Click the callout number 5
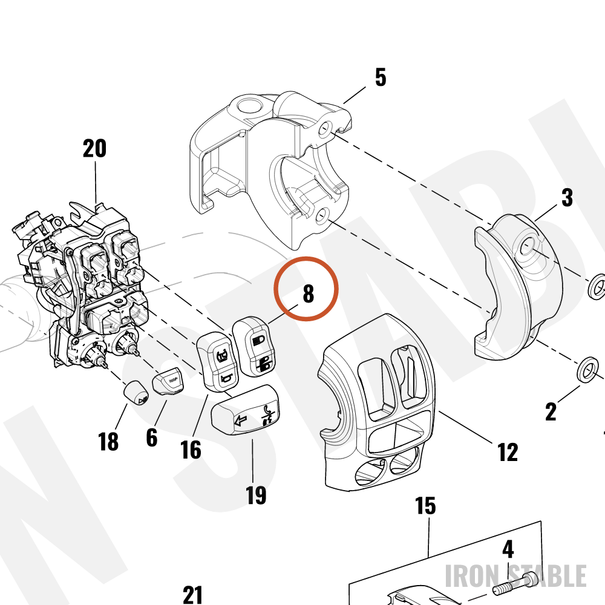381,77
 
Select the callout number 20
94,149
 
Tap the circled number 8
308,293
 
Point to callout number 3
567,198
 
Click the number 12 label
508,452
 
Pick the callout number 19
256,495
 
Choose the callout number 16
191,450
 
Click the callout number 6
152,437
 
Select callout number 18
108,442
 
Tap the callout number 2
551,411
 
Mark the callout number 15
425,506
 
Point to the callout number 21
192,595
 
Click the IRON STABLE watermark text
516,576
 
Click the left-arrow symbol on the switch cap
240,420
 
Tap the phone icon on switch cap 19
267,410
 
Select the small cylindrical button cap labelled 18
136,393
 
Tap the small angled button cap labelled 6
169,381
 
